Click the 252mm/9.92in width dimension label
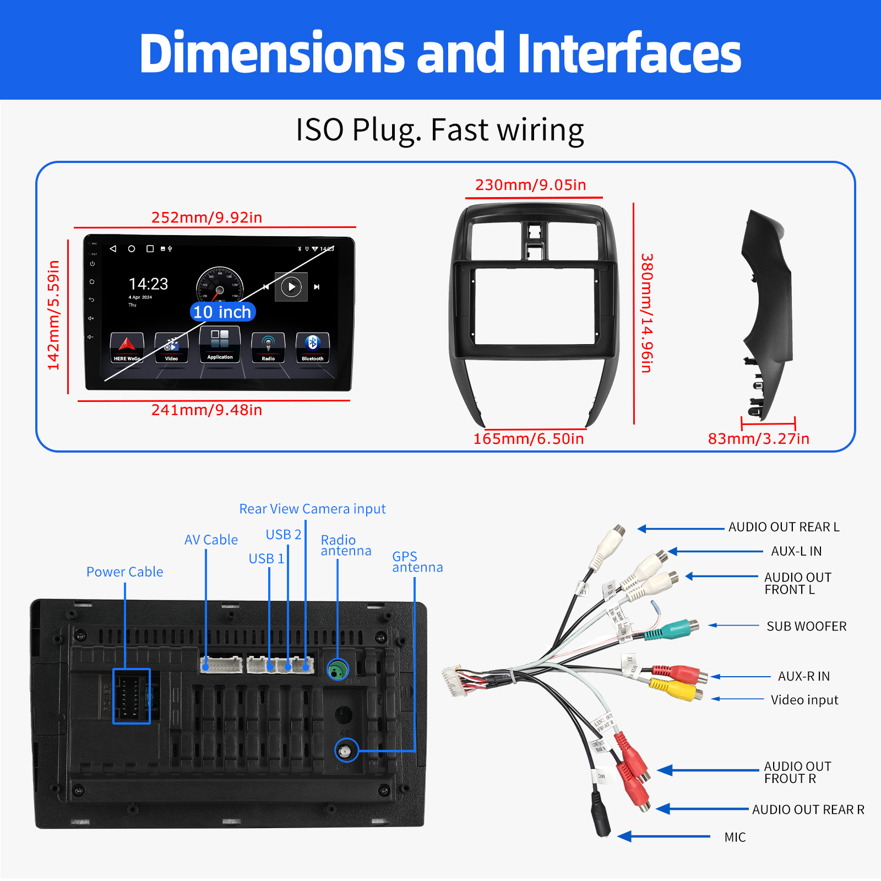click(206, 217)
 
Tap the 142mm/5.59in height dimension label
click(53, 315)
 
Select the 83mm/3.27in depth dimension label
click(758, 439)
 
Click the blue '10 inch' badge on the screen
click(222, 312)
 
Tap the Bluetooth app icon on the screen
click(312, 347)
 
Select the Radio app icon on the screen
click(268, 347)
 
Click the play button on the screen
click(291, 286)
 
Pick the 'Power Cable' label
click(124, 572)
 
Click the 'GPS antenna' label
click(417, 562)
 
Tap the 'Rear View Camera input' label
click(312, 509)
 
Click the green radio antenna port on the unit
click(338, 670)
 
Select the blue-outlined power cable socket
click(132, 696)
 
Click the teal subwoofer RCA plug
click(675, 629)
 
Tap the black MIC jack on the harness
click(601, 815)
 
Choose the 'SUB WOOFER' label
click(806, 627)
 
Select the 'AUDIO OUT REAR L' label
click(784, 527)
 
